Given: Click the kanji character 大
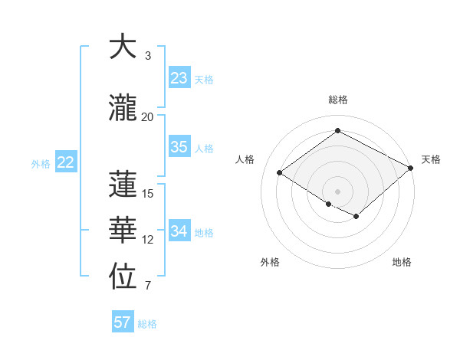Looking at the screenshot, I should coord(123,47).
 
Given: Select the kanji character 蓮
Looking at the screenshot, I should coord(123,185).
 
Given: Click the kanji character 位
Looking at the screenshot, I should coord(123,278).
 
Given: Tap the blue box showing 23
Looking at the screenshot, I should coord(179,78).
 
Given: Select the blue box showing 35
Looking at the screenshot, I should coord(179,147).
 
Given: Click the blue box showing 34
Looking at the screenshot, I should coord(179,231).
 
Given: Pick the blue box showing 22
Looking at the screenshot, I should coord(66,162).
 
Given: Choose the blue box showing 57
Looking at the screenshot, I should coord(123,322).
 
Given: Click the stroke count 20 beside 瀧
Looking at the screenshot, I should coord(147,117).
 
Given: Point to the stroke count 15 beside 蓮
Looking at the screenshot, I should coord(147,194).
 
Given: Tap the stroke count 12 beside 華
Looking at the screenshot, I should coord(147,240).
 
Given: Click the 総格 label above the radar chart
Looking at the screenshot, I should coord(338,100).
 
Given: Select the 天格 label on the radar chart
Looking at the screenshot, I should coord(431,159).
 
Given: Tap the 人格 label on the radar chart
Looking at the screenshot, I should coord(245,159).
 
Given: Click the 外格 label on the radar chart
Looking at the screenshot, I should coord(270,263).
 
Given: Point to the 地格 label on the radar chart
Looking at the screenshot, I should coord(402,263).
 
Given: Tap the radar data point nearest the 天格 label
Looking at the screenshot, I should coord(411,168).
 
